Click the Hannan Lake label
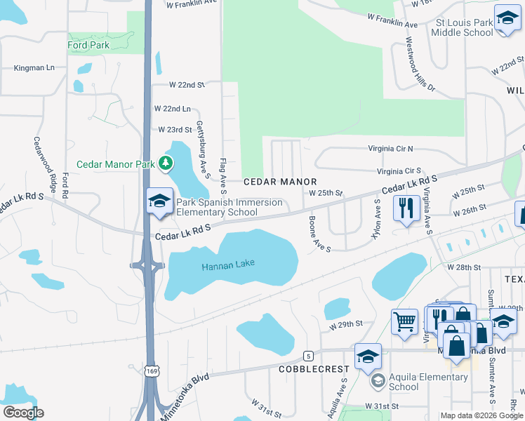pyautogui.click(x=228, y=265)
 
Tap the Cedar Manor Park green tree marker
pyautogui.click(x=166, y=164)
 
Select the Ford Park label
pyautogui.click(x=88, y=46)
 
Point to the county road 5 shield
pyautogui.click(x=308, y=356)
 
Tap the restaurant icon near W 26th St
pyautogui.click(x=406, y=208)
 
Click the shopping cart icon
pyautogui.click(x=404, y=321)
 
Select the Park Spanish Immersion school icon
pyautogui.click(x=159, y=201)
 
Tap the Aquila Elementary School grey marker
pyautogui.click(x=378, y=381)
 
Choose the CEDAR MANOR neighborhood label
pyautogui.click(x=281, y=182)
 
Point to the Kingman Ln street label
pyautogui.click(x=34, y=68)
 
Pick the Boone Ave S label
pyautogui.click(x=319, y=233)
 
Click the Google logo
pyautogui.click(x=23, y=413)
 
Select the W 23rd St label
pyautogui.click(x=175, y=130)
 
